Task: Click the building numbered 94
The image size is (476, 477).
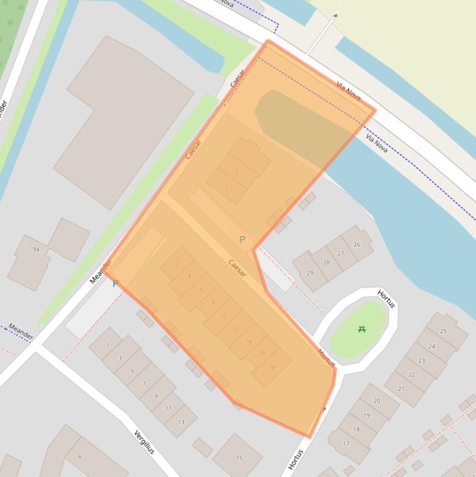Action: click(36, 250)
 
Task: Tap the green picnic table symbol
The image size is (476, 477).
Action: click(362, 330)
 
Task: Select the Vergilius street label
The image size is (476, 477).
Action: click(144, 442)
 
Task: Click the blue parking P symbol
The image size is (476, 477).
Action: click(115, 284)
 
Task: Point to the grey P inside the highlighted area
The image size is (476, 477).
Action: click(242, 240)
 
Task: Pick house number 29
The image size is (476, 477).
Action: click(310, 273)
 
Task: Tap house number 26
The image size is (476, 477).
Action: click(356, 245)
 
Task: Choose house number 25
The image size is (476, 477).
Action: click(443, 331)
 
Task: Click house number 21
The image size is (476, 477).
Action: click(401, 388)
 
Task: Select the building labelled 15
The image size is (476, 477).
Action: click(239, 458)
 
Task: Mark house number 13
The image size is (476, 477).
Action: click(181, 422)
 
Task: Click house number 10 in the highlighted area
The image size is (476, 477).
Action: click(223, 317)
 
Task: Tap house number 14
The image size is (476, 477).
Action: click(248, 341)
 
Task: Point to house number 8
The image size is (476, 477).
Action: click(214, 302)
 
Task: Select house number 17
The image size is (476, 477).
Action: click(345, 444)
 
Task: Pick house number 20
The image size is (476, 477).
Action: click(376, 401)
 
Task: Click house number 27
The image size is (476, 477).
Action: click(340, 253)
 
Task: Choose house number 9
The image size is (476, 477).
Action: click(156, 396)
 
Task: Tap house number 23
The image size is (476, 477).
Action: click(422, 361)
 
